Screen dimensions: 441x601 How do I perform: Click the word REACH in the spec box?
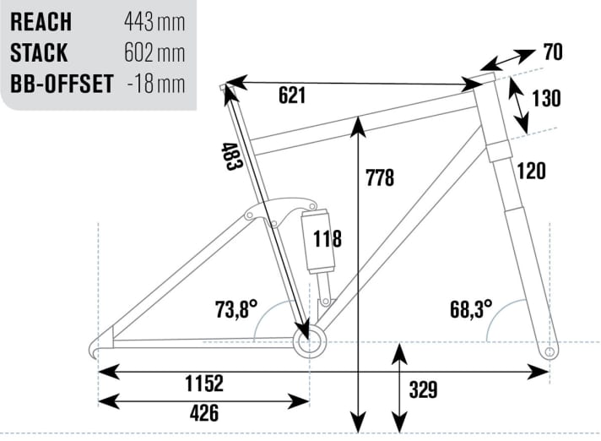[41, 21]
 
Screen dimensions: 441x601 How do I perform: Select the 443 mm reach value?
[154, 21]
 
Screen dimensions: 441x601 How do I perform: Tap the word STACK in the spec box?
[39, 53]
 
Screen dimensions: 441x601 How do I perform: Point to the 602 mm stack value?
[154, 53]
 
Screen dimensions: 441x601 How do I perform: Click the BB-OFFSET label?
[60, 85]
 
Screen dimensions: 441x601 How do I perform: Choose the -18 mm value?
[157, 85]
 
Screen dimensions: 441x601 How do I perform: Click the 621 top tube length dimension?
[291, 95]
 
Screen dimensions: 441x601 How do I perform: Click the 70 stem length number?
[553, 52]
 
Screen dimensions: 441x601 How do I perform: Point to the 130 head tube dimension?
[547, 98]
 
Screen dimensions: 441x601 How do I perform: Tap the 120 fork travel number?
[532, 171]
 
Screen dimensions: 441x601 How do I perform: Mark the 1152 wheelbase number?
[203, 384]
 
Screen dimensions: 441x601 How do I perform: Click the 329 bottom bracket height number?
[423, 389]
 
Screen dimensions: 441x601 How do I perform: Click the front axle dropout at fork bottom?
[550, 350]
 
